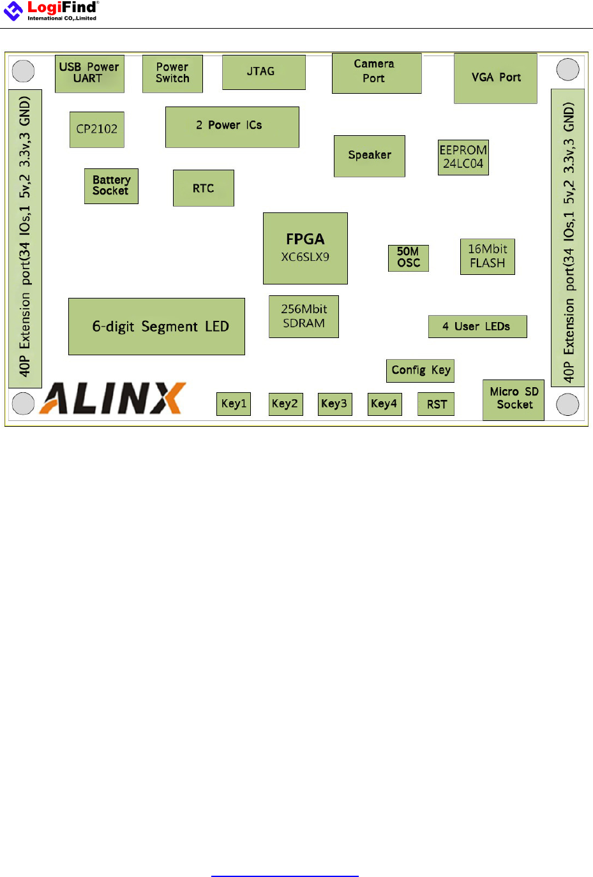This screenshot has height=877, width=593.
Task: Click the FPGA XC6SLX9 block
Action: coord(305,248)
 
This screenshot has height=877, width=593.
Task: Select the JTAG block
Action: coord(264,72)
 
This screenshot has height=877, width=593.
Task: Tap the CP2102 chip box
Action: coord(97,129)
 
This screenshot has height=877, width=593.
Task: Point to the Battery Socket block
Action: coord(111,186)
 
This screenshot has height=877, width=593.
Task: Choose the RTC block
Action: coord(204,188)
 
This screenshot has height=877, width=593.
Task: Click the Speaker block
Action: coord(370,156)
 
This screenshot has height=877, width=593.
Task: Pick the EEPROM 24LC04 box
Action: coord(463,157)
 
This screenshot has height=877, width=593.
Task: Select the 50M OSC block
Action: coord(409,258)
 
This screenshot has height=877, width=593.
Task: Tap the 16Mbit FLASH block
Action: coord(488,256)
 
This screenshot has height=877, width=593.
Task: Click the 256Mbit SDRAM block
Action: coord(304,316)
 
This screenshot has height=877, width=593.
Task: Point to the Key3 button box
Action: coord(334,404)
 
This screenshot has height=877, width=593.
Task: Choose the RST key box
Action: coord(437,404)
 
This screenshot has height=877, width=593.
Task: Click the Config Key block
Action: coord(421,371)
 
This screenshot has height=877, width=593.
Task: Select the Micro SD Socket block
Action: coord(514,399)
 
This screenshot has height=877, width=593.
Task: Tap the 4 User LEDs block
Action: coord(477,327)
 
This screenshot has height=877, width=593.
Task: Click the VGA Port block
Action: coord(496,78)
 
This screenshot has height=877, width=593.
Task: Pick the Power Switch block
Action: coord(172,73)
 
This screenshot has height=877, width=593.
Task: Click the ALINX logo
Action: coord(114,399)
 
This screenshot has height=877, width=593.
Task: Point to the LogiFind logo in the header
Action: coord(51,10)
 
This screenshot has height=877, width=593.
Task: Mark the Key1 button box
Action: coord(234,404)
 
